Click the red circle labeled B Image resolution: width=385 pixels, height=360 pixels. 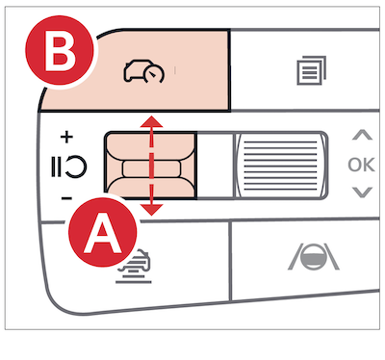(60, 50)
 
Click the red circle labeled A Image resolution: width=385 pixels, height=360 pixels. (103, 232)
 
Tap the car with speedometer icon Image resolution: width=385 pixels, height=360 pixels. (143, 71)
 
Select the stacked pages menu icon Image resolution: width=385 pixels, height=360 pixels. (311, 70)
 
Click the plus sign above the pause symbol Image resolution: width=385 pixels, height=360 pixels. (66, 138)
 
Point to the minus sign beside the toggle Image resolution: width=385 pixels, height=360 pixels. (66, 198)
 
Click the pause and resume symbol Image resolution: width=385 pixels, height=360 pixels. (68, 167)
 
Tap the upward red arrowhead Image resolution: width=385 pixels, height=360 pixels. (151, 122)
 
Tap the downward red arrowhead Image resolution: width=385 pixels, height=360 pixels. (151, 210)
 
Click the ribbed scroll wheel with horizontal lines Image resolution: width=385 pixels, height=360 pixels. (281, 166)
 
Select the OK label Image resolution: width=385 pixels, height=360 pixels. (361, 165)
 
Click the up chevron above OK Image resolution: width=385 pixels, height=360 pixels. (362, 135)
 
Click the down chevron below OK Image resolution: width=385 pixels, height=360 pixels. (362, 193)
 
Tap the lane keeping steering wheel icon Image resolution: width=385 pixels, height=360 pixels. (314, 256)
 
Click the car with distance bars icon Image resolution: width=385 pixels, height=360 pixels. (135, 267)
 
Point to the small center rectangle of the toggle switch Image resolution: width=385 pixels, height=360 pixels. (152, 169)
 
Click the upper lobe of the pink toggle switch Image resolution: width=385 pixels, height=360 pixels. (151, 147)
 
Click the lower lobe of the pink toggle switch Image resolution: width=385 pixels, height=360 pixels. (151, 188)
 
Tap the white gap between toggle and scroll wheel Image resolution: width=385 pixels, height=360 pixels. (215, 166)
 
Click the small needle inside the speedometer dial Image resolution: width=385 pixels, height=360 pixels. (153, 75)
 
